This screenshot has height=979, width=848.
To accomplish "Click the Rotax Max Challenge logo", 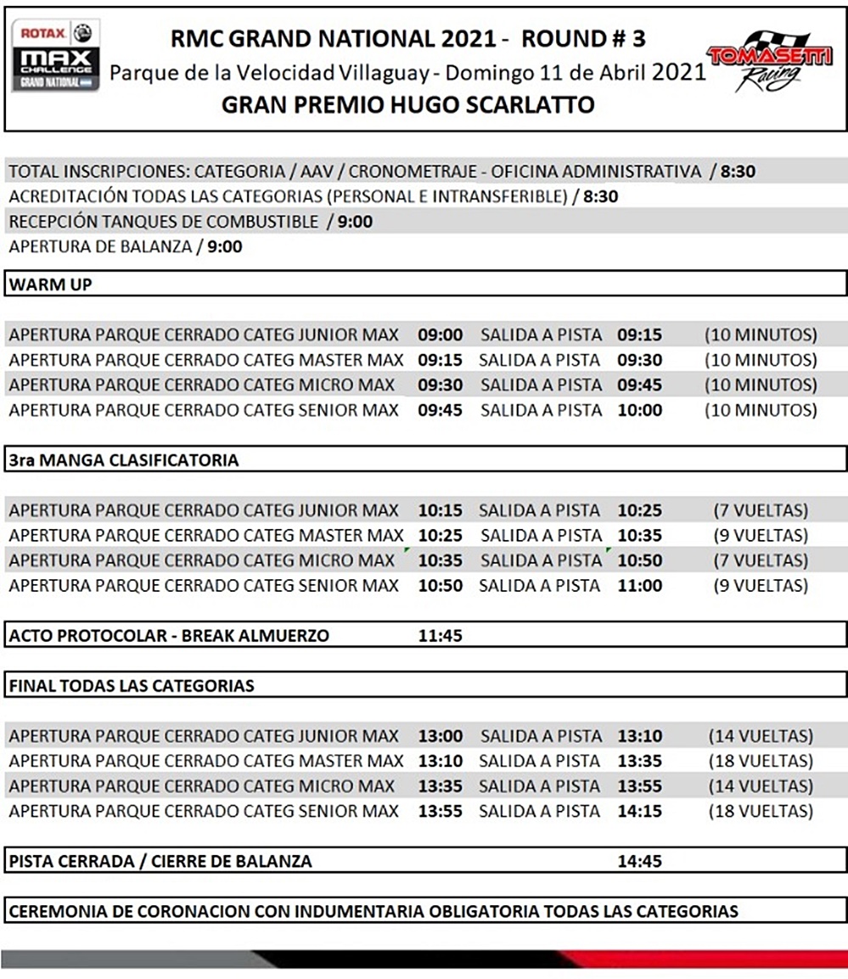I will click(x=55, y=54).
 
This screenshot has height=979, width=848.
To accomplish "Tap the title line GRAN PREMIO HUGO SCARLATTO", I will click(x=407, y=105).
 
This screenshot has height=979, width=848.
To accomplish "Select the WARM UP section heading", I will click(x=50, y=284).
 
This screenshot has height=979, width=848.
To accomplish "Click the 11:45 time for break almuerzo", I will click(x=440, y=635).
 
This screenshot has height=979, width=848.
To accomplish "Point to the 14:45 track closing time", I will click(x=639, y=861).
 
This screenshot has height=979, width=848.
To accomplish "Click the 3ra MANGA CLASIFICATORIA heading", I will click(x=124, y=460).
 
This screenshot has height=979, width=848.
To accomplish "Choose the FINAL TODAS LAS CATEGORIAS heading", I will click(x=132, y=684).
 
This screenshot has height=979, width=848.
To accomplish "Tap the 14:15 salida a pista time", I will click(x=639, y=811).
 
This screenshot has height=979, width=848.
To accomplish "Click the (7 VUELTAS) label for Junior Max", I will click(x=761, y=511).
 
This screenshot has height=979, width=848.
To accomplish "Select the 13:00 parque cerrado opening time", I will click(x=440, y=736).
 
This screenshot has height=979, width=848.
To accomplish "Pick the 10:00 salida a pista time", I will click(x=639, y=410).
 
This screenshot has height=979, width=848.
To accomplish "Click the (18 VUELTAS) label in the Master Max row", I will click(x=761, y=761).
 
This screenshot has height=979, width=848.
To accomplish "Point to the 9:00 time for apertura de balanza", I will click(x=224, y=247).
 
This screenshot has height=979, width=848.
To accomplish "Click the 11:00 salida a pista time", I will click(x=639, y=585).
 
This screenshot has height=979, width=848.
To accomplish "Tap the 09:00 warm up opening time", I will click(x=440, y=335).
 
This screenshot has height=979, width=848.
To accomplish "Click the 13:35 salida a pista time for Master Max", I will click(x=639, y=761).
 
